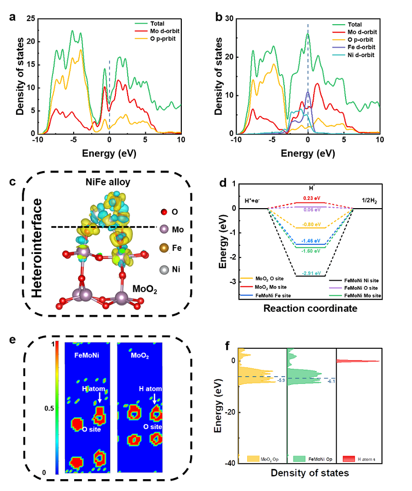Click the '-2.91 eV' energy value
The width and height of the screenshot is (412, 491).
point(311,273)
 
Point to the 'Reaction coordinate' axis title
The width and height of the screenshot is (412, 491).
point(307,309)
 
